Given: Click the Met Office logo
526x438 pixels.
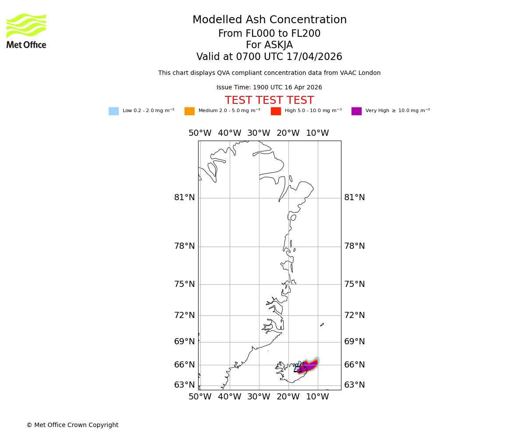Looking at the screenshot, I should point(26,31).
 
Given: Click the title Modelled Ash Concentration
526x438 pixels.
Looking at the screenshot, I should point(270,20).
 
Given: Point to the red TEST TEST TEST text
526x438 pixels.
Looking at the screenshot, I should point(269,100).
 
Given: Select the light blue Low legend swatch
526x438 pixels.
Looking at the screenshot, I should point(114,111).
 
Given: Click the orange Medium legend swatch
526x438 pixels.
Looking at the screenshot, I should point(189,111).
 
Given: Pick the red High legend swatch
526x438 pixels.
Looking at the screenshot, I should point(276,111).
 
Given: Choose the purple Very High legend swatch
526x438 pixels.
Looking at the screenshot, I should point(356,111).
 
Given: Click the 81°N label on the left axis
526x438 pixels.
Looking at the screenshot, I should point(185,198).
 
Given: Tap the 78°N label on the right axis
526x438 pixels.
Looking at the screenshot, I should point(355,246).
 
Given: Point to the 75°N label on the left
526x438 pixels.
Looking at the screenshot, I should point(185,284).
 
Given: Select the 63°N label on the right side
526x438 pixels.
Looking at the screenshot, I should point(355,385).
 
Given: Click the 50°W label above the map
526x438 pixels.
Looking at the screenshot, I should point(200,133).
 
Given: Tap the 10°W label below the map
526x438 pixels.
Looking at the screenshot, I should point(317,397).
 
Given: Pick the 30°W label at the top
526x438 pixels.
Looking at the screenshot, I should point(259,133).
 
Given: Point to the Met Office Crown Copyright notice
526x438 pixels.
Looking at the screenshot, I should point(72,425).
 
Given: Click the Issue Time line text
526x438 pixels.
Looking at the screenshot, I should point(269,88).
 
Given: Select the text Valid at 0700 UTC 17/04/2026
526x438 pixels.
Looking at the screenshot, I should point(269,57).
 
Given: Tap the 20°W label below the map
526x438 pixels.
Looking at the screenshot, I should point(288,397).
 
